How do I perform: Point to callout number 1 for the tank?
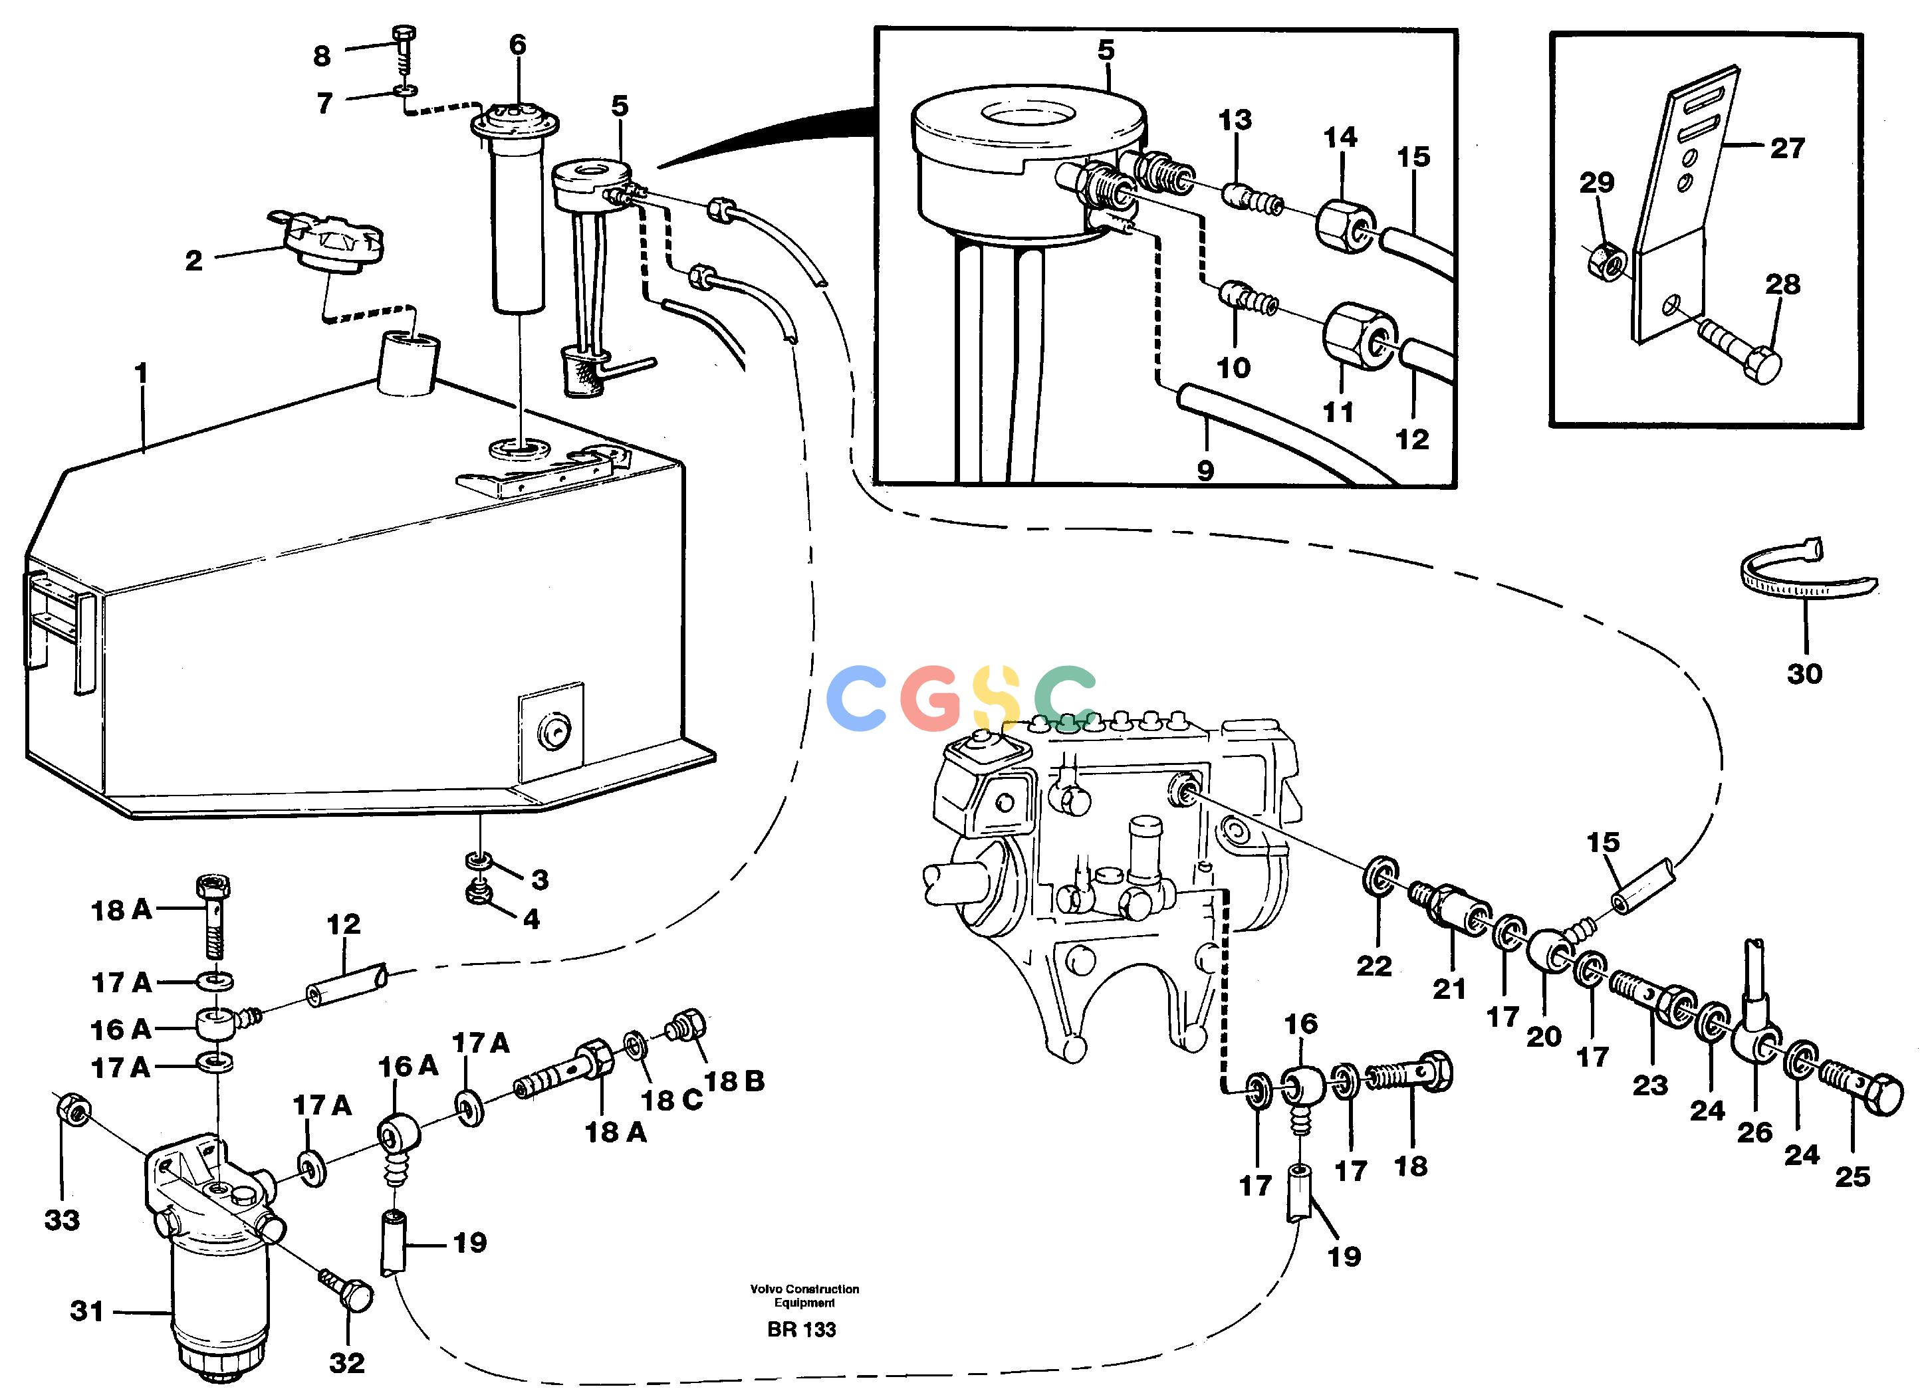[x=141, y=374]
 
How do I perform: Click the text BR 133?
[x=801, y=1329]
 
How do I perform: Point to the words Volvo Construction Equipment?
[x=804, y=1295]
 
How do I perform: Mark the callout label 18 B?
[x=734, y=1081]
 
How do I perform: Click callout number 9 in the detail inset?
[x=1205, y=470]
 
